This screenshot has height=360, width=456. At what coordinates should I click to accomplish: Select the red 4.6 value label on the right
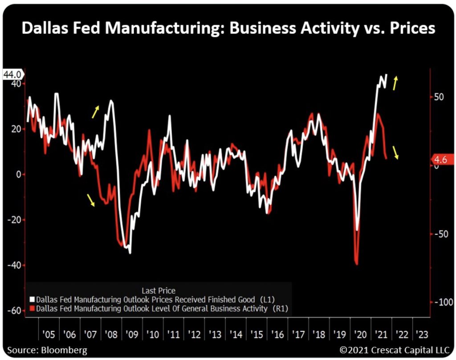click(x=444, y=159)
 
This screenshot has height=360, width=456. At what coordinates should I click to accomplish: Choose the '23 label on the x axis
click(x=420, y=334)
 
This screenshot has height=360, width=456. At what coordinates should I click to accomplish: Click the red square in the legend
click(x=32, y=308)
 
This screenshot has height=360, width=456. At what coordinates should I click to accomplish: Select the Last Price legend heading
click(x=158, y=291)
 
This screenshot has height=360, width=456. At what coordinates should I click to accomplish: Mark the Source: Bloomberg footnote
click(x=47, y=350)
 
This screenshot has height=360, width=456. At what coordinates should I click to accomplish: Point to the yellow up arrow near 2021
click(x=395, y=83)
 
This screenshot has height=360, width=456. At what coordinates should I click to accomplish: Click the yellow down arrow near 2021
click(x=396, y=152)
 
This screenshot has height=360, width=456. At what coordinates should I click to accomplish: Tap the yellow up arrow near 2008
click(x=95, y=112)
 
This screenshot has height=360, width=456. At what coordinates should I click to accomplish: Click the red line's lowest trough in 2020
click(x=357, y=264)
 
